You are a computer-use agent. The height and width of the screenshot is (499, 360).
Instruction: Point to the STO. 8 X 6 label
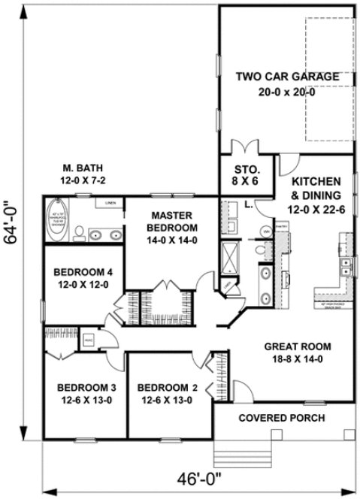coord(247,174)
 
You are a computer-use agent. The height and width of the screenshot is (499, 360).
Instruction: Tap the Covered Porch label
coord(282,418)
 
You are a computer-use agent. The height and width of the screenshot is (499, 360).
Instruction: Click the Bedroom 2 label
coord(168,394)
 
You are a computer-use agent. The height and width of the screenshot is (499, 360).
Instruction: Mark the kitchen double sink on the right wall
coord(347,268)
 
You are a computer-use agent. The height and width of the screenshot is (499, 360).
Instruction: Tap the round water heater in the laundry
coord(267,231)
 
